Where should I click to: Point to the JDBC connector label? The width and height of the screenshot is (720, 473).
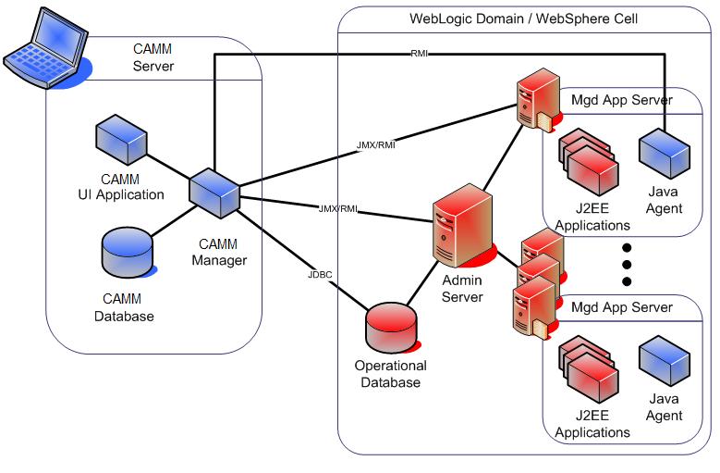point(321,275)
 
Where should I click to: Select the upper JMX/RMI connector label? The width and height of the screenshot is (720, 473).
point(375,145)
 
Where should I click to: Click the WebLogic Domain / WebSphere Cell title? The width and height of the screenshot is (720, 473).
point(523,19)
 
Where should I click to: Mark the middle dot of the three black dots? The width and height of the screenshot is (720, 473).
point(627,265)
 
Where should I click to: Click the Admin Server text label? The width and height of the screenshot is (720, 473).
point(462,289)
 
